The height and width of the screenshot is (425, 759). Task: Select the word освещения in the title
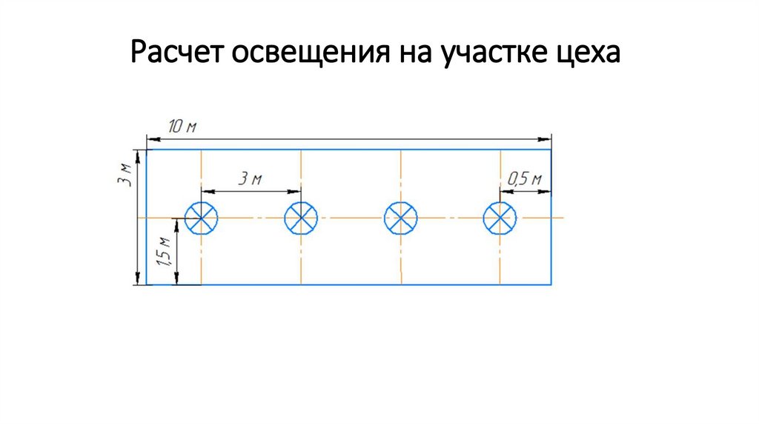(x=304, y=53)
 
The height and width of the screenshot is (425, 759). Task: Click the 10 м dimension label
(x=182, y=127)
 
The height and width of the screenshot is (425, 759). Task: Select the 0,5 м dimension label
(x=525, y=178)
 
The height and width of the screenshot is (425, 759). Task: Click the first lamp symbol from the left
(x=202, y=218)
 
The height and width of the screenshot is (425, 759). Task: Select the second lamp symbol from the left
(x=301, y=218)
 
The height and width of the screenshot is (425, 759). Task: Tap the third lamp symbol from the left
(x=400, y=218)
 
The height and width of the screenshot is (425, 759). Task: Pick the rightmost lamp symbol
(x=500, y=218)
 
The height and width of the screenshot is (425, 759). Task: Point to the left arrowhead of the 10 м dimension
(x=150, y=138)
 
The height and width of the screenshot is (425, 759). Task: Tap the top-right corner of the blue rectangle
(x=551, y=150)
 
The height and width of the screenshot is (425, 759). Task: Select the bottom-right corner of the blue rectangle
(x=551, y=284)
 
